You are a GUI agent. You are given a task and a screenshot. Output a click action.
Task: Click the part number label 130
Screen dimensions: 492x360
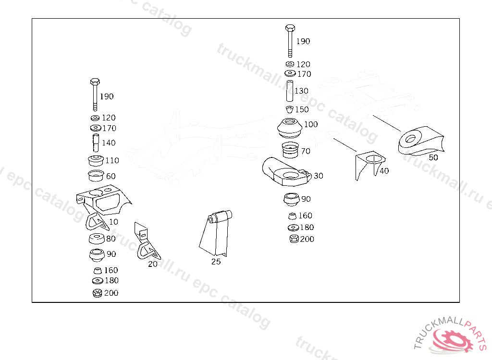pyautogui.click(x=301, y=91)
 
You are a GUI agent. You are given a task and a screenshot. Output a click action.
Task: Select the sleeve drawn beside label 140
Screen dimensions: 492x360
pyautogui.click(x=95, y=143)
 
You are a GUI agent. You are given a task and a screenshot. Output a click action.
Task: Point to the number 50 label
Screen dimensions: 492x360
pyautogui.click(x=433, y=157)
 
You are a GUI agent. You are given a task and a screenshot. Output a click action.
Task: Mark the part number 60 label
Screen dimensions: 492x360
pyautogui.click(x=111, y=176)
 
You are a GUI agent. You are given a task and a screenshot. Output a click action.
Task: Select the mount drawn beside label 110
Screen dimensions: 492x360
pyautogui.click(x=96, y=161)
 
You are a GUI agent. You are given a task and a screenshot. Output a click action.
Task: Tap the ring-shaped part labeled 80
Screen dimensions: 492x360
pyautogui.click(x=98, y=239)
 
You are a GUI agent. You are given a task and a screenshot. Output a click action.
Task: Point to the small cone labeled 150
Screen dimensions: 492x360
pyautogui.click(x=289, y=109)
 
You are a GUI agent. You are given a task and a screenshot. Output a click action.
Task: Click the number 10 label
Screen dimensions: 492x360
pyautogui.click(x=113, y=222)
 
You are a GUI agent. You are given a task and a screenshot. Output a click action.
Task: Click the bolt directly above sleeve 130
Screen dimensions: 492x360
pyautogui.click(x=289, y=40)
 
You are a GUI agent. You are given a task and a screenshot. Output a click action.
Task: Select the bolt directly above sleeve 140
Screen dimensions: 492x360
pyautogui.click(x=95, y=94)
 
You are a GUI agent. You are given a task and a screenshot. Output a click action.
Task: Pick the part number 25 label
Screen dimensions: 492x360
pyautogui.click(x=216, y=262)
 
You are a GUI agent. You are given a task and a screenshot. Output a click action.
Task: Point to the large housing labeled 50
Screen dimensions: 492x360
pyautogui.click(x=419, y=141)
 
